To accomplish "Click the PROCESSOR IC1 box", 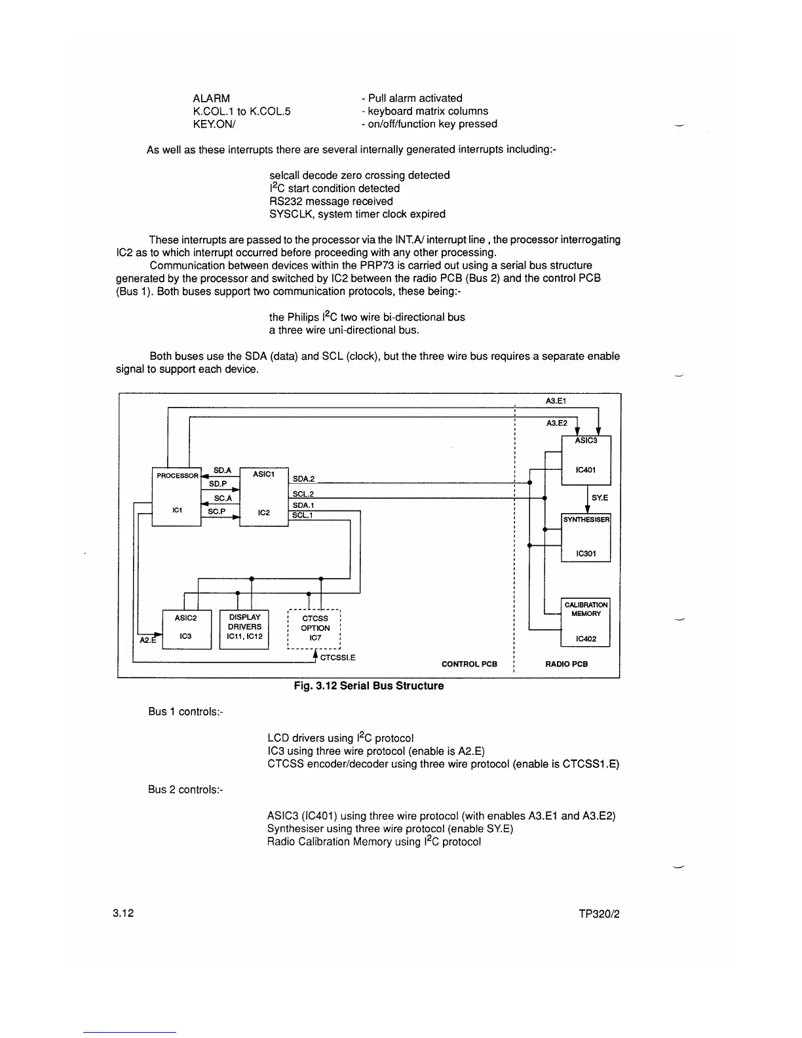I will [x=176, y=497].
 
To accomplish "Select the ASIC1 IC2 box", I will [x=263, y=497].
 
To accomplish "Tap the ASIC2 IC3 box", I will [x=186, y=629].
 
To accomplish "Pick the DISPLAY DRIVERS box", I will [x=244, y=629].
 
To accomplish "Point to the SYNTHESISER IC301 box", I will [x=586, y=537].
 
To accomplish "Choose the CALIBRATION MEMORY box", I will [x=586, y=622].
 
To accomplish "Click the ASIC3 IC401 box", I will [x=586, y=460].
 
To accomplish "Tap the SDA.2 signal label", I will [x=303, y=479].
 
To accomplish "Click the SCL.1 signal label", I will [x=303, y=515].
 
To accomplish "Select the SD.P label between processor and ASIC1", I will [x=218, y=484].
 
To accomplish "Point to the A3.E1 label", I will [x=556, y=401].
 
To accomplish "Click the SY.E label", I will [x=600, y=498].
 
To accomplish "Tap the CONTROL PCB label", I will [x=469, y=664].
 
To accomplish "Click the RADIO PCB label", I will [x=566, y=664].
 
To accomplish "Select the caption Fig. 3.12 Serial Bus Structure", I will [x=368, y=685].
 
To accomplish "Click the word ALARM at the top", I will [x=211, y=98].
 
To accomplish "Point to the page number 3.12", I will [x=123, y=913].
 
